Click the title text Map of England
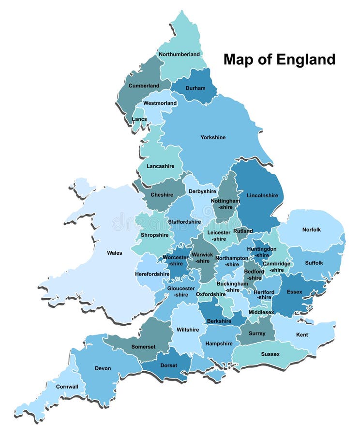pyautogui.click(x=279, y=59)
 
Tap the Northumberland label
pyautogui.click(x=179, y=55)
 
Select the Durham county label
pyautogui.click(x=195, y=88)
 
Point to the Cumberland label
pyautogui.click(x=144, y=86)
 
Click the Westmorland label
pyautogui.click(x=160, y=103)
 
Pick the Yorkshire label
pyautogui.click(x=213, y=138)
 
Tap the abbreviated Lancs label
pyautogui.click(x=139, y=119)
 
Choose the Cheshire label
pyautogui.click(x=162, y=195)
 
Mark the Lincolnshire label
pyautogui.click(x=262, y=196)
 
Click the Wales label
pyautogui.click(x=114, y=253)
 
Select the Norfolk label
pyautogui.click(x=311, y=230)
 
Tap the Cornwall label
pyautogui.click(x=67, y=387)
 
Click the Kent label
pyautogui.click(x=301, y=334)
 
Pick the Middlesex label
pyautogui.click(x=261, y=312)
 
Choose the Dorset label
pyautogui.click(x=168, y=365)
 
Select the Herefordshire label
pyautogui.click(x=152, y=274)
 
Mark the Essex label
pyautogui.click(x=294, y=292)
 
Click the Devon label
pyautogui.click(x=103, y=368)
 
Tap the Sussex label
pyautogui.click(x=270, y=354)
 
